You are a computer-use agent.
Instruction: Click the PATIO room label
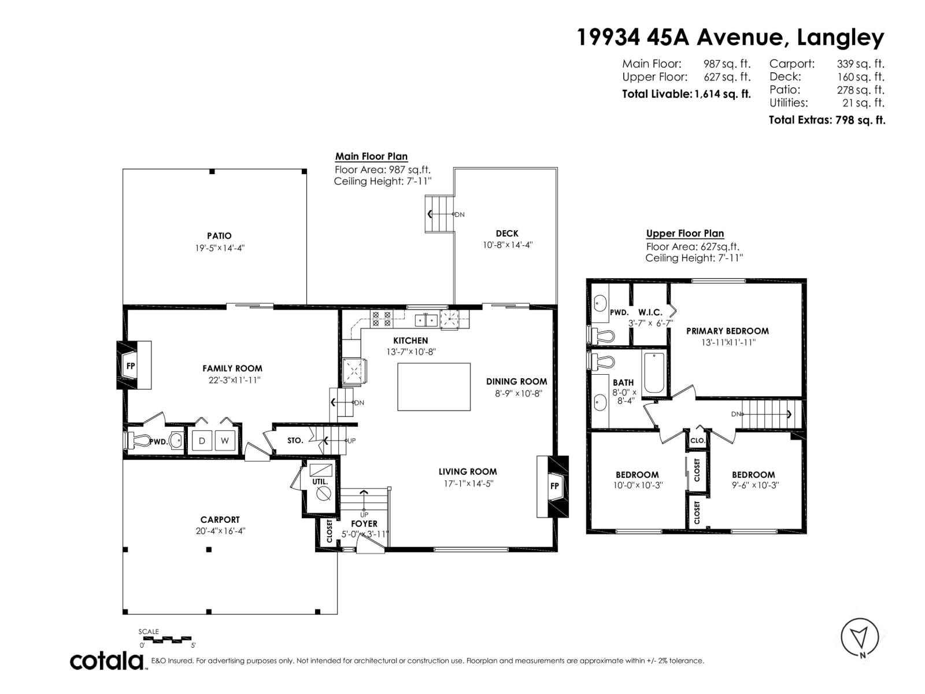pos(219,236)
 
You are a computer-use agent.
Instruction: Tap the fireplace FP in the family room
pos(131,366)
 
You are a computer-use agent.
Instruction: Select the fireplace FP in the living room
pos(554,486)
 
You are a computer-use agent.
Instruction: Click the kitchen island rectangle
pos(434,387)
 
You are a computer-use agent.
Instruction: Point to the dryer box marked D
pos(202,441)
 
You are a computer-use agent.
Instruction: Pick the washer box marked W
pos(225,441)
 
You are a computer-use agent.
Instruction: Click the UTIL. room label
pos(320,481)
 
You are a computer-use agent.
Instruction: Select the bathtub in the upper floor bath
pos(655,373)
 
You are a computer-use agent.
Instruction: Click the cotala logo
pos(108,660)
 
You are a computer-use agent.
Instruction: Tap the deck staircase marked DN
pos(441,214)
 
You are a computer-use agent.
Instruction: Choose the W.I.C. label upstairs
pos(650,312)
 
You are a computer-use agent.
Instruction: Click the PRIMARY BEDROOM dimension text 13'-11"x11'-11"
pos(728,342)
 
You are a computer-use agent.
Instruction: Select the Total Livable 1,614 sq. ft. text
pos(686,94)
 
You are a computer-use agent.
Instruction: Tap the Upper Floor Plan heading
pos(684,234)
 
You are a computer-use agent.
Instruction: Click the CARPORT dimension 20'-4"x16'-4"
pos(220,531)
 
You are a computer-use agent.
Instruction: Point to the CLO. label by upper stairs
pos(697,440)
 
